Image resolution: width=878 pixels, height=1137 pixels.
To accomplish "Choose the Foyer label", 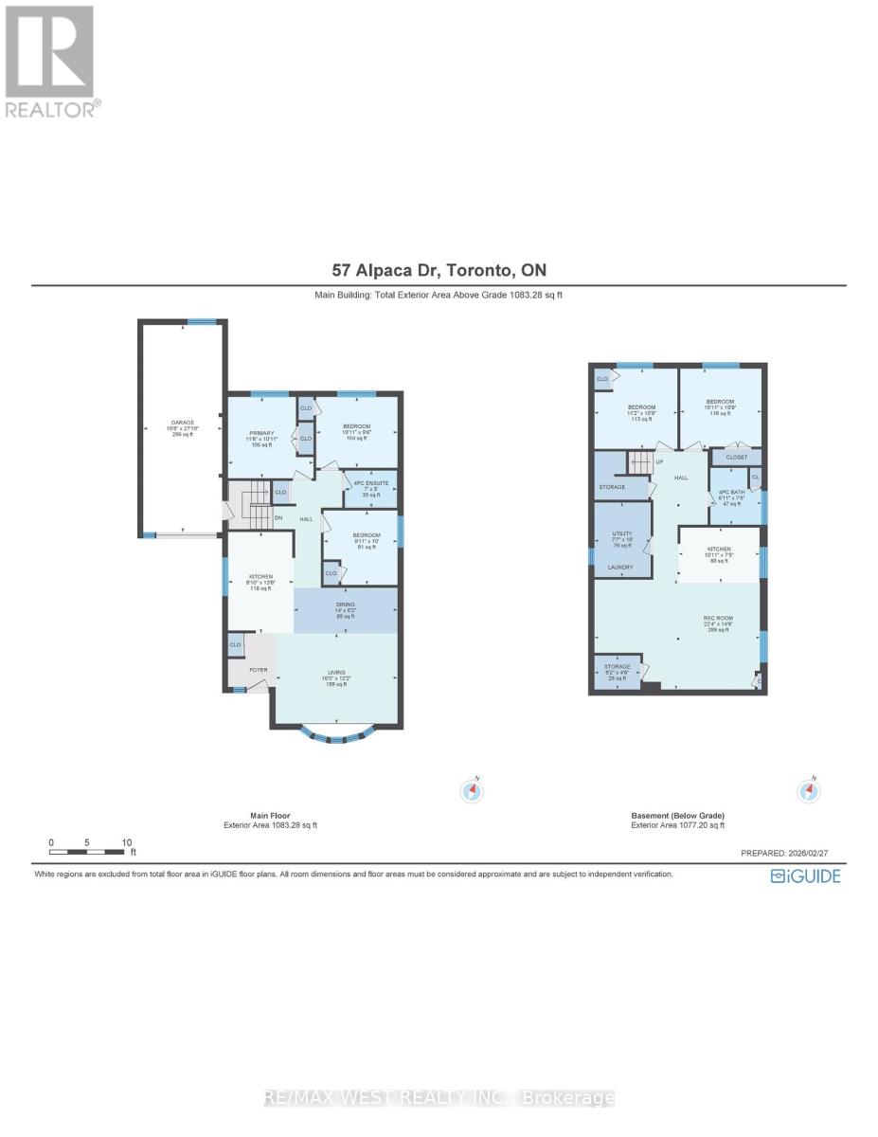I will [x=259, y=670].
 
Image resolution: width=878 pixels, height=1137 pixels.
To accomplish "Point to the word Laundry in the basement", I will [x=621, y=568].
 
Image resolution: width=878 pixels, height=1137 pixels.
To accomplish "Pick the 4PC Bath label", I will [x=735, y=496].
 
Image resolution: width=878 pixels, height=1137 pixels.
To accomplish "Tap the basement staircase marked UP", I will [x=643, y=463].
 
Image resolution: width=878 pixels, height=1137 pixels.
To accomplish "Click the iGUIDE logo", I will [x=805, y=875].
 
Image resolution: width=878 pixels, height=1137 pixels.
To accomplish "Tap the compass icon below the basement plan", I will [x=808, y=791].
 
